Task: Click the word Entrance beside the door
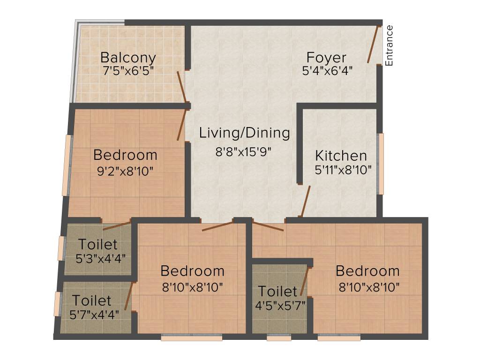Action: point(389,45)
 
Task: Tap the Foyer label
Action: point(326,58)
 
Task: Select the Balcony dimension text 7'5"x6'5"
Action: point(128,71)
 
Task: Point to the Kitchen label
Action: point(341,156)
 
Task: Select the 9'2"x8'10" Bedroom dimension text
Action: point(125,171)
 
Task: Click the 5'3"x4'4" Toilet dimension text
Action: point(100,258)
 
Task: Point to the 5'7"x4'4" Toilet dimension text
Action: point(94,313)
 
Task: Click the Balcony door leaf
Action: point(181,87)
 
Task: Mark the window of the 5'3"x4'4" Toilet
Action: point(61,248)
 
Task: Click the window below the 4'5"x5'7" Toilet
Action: point(278,337)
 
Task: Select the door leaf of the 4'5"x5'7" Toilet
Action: point(305,282)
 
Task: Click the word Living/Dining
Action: point(244,133)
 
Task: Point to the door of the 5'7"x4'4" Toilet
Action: point(131,296)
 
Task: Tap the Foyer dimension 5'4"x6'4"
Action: point(327,71)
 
